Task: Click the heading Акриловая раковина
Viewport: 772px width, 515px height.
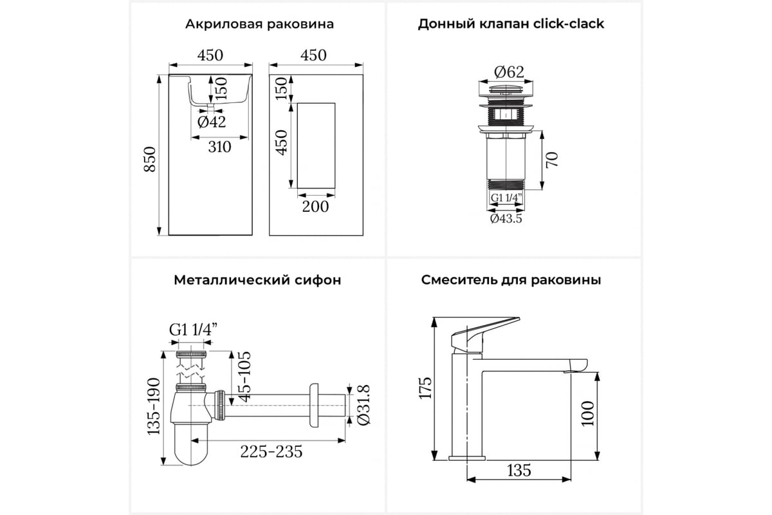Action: pyautogui.click(x=259, y=24)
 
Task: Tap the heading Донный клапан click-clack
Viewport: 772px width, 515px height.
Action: pyautogui.click(x=511, y=24)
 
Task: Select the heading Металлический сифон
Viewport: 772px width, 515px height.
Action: pyautogui.click(x=257, y=280)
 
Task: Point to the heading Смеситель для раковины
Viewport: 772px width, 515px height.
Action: pyautogui.click(x=511, y=280)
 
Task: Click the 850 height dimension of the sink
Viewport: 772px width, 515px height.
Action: pyautogui.click(x=149, y=159)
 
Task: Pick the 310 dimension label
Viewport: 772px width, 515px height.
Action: pyautogui.click(x=219, y=147)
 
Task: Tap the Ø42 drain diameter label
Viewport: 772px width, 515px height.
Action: pyautogui.click(x=212, y=122)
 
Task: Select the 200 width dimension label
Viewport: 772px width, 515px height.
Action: pyautogui.click(x=315, y=206)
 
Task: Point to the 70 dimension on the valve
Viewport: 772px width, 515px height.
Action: pyautogui.click(x=551, y=159)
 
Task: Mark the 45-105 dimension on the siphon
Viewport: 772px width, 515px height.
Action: pyautogui.click(x=243, y=377)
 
